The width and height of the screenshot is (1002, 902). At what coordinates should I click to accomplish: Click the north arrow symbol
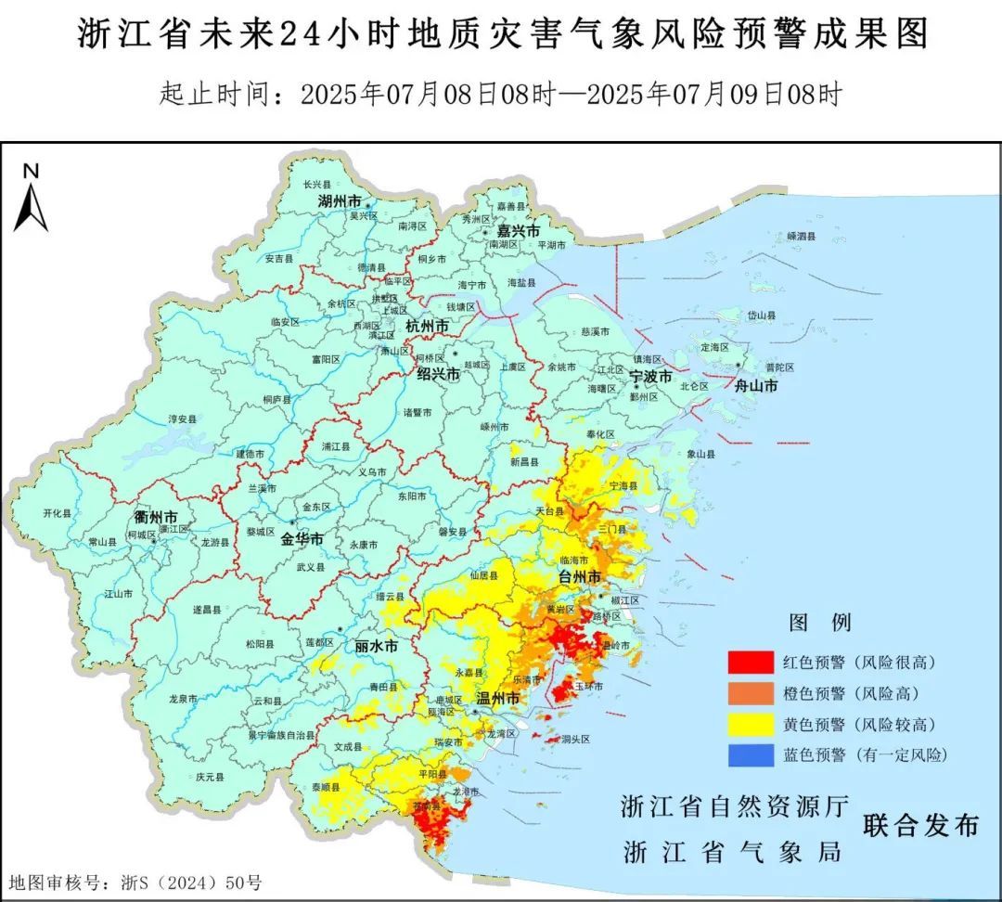click(x=31, y=200)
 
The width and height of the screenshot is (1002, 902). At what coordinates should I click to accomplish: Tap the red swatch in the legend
click(x=750, y=663)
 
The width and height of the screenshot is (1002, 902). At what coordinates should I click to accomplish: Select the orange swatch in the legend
click(x=750, y=693)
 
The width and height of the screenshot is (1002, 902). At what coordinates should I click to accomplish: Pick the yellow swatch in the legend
click(x=750, y=724)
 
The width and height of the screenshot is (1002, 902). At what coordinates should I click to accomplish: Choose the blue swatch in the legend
click(x=750, y=755)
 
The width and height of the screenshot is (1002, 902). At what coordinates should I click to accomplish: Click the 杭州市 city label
click(x=428, y=327)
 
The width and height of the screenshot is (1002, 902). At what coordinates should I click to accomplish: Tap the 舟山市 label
click(x=755, y=386)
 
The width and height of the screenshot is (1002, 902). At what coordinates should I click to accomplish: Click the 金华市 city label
click(x=302, y=539)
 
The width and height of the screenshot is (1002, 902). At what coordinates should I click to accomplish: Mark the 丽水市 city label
click(x=376, y=647)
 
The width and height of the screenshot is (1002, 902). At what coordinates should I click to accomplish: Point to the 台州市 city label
click(x=579, y=577)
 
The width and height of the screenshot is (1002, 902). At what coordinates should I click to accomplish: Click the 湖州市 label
click(x=339, y=201)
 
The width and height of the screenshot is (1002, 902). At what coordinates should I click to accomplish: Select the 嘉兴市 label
click(x=518, y=230)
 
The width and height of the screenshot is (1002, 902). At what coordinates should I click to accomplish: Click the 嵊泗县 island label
click(x=801, y=237)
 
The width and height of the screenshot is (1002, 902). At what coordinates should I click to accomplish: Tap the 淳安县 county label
click(x=183, y=419)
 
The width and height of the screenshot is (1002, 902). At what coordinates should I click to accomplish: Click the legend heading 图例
click(x=819, y=622)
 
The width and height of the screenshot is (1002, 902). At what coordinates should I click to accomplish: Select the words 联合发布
click(x=920, y=825)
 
